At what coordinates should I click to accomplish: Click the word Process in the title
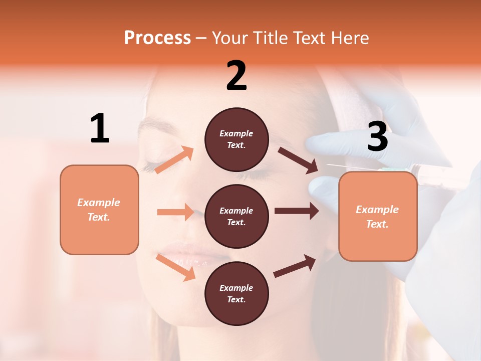[157, 38]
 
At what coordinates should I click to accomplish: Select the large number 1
[100, 128]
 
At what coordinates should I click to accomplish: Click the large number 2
[236, 76]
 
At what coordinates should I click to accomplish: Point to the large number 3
[377, 137]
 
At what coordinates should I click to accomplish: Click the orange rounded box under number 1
[99, 210]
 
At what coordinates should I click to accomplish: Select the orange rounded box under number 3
[378, 216]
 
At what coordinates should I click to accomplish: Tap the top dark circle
[236, 139]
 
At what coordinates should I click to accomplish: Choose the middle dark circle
[236, 216]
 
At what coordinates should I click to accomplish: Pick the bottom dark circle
[236, 293]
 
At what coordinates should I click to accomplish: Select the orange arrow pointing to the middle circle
[175, 212]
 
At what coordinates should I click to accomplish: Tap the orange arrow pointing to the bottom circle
[175, 267]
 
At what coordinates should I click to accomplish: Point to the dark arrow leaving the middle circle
[297, 211]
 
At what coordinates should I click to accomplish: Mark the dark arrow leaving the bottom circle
[295, 266]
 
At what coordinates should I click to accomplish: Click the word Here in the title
[350, 38]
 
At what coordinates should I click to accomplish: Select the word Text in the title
[311, 38]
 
